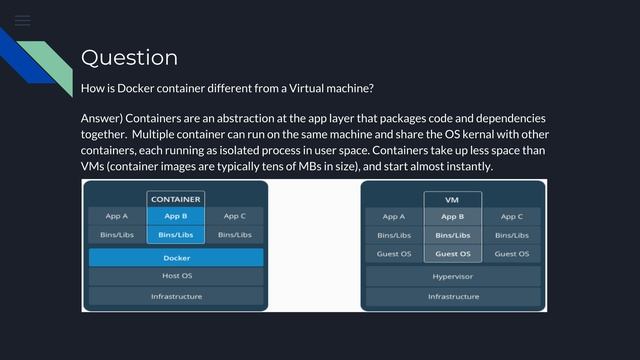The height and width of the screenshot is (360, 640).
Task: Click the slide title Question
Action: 129,57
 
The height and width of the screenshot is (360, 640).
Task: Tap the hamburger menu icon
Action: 22,20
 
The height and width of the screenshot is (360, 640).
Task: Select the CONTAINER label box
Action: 175,199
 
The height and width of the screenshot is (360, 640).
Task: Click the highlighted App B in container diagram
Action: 175,216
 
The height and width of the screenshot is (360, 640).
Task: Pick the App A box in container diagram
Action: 117,216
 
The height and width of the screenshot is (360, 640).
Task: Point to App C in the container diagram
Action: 235,216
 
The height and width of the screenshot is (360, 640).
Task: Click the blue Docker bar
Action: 176,257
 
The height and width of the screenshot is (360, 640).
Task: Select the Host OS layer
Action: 176,276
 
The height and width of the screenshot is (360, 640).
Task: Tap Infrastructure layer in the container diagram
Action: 176,296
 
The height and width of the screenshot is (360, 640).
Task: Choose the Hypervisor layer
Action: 453,276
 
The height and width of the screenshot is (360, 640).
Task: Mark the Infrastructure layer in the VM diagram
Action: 453,296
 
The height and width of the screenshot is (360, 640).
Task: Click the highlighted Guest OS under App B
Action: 453,254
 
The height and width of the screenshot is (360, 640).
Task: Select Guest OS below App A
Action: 394,254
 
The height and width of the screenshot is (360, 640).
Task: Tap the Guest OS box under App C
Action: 512,254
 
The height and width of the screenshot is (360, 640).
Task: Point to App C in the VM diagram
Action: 512,216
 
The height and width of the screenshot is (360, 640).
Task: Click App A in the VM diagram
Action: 394,216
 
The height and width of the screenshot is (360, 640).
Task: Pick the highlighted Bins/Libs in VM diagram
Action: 453,235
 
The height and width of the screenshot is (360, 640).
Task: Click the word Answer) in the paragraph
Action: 104,118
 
